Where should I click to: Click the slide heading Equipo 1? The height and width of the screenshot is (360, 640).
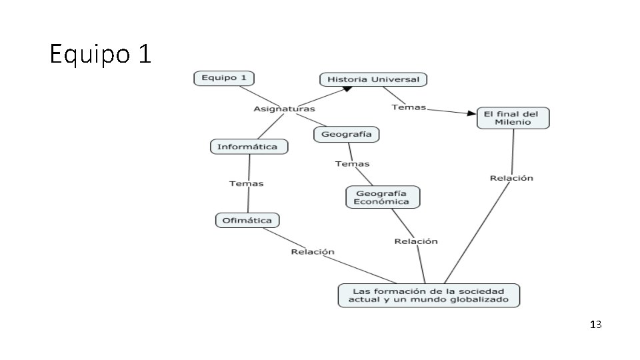(x=101, y=54)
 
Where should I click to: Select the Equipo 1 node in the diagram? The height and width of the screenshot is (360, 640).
(x=224, y=78)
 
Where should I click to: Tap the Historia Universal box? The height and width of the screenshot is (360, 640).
(x=373, y=79)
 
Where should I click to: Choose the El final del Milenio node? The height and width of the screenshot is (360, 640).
(x=513, y=118)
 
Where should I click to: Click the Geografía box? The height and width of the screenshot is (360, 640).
(x=346, y=135)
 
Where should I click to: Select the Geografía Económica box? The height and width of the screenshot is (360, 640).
(x=382, y=197)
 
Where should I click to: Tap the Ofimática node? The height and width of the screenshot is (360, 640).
(x=247, y=220)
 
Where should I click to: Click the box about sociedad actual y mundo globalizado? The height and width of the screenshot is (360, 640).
(x=428, y=295)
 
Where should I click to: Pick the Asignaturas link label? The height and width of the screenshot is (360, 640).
(x=284, y=109)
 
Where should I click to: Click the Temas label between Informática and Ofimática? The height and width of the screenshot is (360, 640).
(x=247, y=183)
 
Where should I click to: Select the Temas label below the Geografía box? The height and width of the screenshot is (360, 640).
(x=352, y=163)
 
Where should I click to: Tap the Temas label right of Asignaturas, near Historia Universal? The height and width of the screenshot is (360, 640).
(x=409, y=107)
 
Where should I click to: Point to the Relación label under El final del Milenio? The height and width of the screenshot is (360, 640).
(x=511, y=178)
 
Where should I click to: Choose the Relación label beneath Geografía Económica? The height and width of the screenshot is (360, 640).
(x=416, y=241)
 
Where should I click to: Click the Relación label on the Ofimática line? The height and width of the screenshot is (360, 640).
(x=313, y=251)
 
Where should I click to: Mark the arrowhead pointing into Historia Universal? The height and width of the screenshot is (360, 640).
(x=347, y=89)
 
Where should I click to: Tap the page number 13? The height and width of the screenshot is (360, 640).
(x=595, y=325)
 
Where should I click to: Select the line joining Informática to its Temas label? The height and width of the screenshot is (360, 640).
(x=249, y=167)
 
